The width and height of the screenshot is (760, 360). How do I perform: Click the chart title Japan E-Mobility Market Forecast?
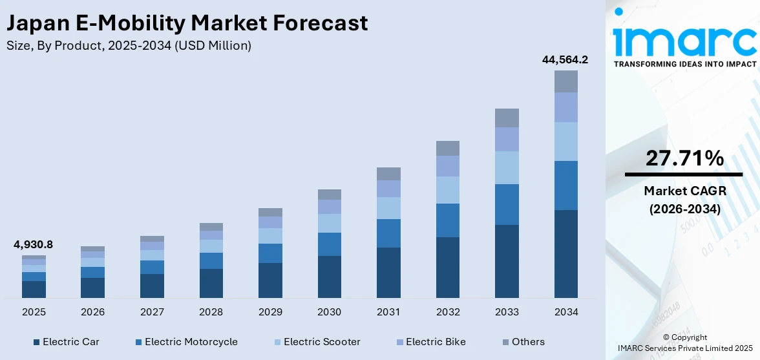pyautogui.click(x=187, y=23)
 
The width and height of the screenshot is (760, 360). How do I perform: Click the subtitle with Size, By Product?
pyautogui.click(x=129, y=45)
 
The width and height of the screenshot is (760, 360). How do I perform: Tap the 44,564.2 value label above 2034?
pyautogui.click(x=565, y=59)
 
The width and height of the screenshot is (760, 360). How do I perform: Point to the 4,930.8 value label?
pyautogui.click(x=34, y=244)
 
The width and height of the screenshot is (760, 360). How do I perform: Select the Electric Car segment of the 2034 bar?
pyautogui.click(x=565, y=253)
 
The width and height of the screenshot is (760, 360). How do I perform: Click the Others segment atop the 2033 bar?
pyautogui.click(x=507, y=118)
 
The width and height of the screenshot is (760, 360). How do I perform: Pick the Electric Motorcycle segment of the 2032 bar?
pyautogui.click(x=447, y=220)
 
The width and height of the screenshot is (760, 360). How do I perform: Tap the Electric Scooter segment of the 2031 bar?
pyautogui.click(x=388, y=208)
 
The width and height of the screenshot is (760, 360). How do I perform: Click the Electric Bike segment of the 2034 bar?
pyautogui.click(x=565, y=107)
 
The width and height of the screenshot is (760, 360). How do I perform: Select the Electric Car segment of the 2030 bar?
pyautogui.click(x=329, y=277)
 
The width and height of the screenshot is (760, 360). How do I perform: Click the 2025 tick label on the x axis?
pyautogui.click(x=34, y=312)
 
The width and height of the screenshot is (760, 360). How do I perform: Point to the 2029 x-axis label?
pyautogui.click(x=270, y=312)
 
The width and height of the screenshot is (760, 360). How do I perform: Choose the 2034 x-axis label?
pyautogui.click(x=565, y=312)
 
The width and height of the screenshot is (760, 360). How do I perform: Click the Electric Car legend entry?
pyautogui.click(x=67, y=342)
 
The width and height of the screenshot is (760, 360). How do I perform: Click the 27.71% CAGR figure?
pyautogui.click(x=684, y=158)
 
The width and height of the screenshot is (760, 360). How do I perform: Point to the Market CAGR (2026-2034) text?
pyautogui.click(x=684, y=200)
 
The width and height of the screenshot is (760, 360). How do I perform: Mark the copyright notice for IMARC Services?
pyautogui.click(x=684, y=343)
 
